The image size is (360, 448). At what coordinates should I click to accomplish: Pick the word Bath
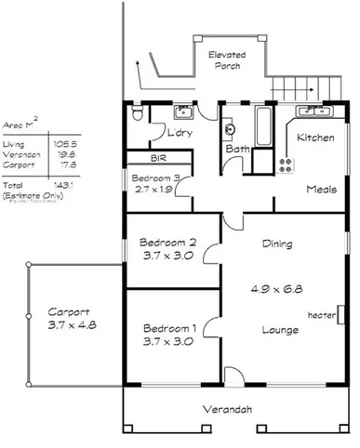(x=235, y=149)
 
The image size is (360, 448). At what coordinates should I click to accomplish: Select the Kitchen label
(x=314, y=138)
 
